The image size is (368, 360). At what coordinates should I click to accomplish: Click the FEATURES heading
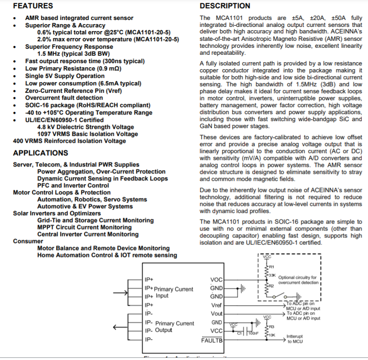(32, 6)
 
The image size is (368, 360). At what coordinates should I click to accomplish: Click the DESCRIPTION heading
(225, 6)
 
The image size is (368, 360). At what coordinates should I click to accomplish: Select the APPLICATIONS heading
(40, 153)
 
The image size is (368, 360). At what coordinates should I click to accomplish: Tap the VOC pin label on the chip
(216, 280)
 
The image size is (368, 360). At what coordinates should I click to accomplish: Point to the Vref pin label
(216, 305)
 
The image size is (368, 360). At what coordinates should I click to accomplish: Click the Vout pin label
(216, 314)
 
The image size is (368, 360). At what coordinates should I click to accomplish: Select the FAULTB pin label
(212, 340)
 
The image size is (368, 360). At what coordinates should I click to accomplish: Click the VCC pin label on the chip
(216, 331)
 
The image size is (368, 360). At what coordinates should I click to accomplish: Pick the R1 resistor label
(272, 267)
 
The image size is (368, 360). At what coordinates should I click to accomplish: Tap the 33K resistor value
(272, 275)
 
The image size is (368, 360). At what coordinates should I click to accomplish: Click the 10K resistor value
(272, 334)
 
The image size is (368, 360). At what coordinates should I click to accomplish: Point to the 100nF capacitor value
(253, 333)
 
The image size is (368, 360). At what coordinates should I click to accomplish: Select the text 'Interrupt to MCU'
(295, 339)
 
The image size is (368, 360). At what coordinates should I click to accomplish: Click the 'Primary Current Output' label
(174, 327)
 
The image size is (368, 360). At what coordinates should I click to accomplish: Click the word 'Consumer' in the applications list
(28, 241)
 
